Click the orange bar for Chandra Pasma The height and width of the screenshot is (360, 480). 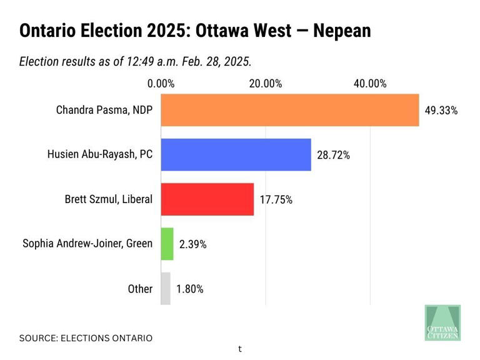[289, 110]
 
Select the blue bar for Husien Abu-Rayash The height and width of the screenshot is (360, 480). [236, 154]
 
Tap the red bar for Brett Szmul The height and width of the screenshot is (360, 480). [207, 199]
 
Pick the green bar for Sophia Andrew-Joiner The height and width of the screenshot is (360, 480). [167, 244]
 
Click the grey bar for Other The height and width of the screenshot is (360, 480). [166, 289]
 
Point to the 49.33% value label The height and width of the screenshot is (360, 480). [441, 111]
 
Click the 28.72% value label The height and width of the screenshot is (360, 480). [333, 156]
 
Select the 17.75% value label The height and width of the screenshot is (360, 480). [276, 200]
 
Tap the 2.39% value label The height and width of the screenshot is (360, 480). [192, 244]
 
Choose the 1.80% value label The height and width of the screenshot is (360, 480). [189, 289]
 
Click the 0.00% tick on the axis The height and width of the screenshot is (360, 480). [161, 84]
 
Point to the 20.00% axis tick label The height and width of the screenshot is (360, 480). [265, 84]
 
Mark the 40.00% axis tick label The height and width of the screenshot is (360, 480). [370, 84]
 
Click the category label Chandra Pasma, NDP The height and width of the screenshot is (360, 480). [104, 110]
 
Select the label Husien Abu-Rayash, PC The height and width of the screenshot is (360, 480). [100, 154]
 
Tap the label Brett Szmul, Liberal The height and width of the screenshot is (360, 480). [109, 199]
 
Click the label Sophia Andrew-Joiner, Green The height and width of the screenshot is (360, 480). [87, 244]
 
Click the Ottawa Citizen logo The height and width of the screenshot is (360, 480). [442, 322]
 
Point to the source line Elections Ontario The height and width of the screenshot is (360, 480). [86, 338]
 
